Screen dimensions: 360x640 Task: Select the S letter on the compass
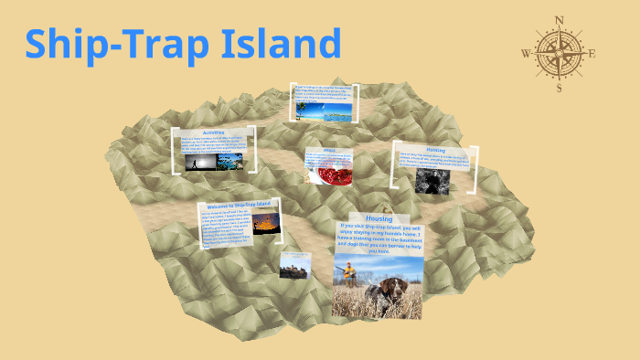click(560, 89)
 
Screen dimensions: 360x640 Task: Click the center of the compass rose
click(560, 53)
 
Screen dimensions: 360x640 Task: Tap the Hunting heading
click(435, 149)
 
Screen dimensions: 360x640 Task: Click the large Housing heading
click(379, 219)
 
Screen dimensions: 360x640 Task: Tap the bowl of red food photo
click(325, 172)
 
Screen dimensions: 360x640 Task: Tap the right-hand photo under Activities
click(229, 161)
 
